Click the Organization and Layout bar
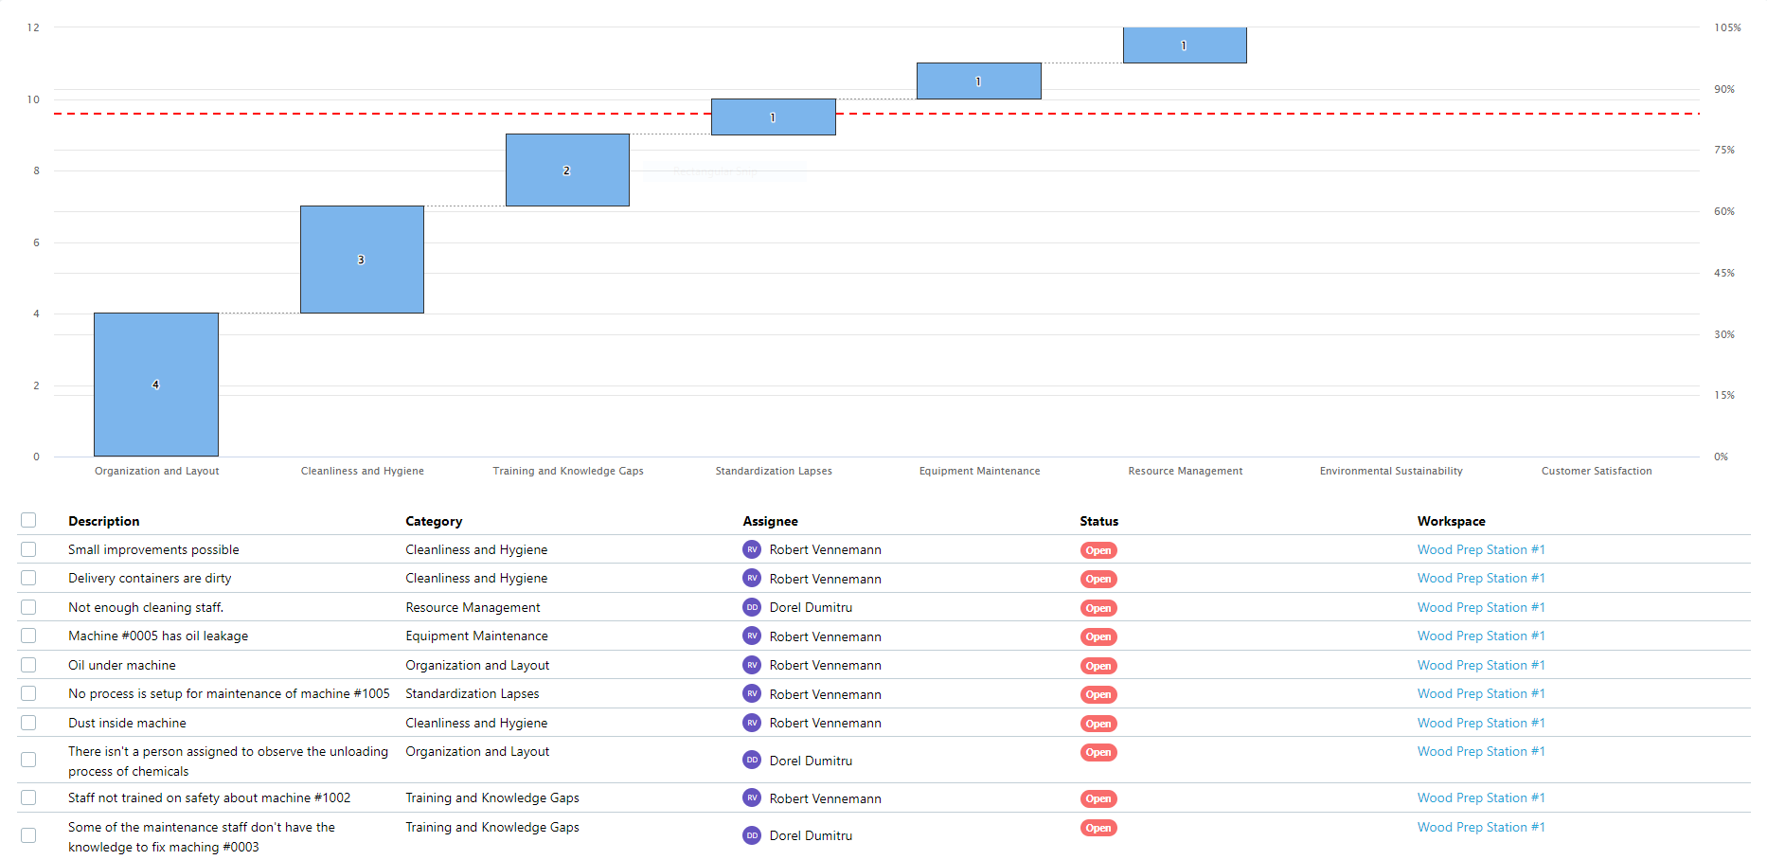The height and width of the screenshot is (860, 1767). pos(156,384)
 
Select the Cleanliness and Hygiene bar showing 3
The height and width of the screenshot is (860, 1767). pos(362,259)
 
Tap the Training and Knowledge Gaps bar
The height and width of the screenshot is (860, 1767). pos(567,170)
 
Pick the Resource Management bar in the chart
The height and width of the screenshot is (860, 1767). pos(1185,45)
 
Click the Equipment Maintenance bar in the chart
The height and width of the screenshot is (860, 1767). pos(978,81)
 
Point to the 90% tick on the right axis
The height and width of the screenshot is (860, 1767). pos(1723,89)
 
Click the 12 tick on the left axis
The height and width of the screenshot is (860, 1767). pos(33,27)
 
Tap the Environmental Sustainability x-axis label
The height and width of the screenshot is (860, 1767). pos(1390,471)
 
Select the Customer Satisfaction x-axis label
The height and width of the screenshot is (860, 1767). pos(1596,471)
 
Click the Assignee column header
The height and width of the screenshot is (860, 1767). pos(770,521)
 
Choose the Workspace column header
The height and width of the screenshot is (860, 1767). pos(1451,521)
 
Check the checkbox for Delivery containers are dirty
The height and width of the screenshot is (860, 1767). pos(28,578)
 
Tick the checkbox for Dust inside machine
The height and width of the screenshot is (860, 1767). pos(28,723)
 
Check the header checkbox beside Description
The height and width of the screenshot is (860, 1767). pos(28,520)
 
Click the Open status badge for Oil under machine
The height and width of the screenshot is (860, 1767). pos(1098,666)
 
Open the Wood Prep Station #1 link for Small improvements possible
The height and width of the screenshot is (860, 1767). pos(1480,549)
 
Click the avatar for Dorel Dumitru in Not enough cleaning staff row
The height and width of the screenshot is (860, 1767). pos(752,607)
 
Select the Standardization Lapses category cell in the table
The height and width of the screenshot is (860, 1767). pos(472,693)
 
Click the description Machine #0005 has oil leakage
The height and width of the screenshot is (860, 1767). pos(158,636)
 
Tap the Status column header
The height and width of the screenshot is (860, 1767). pos(1098,521)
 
